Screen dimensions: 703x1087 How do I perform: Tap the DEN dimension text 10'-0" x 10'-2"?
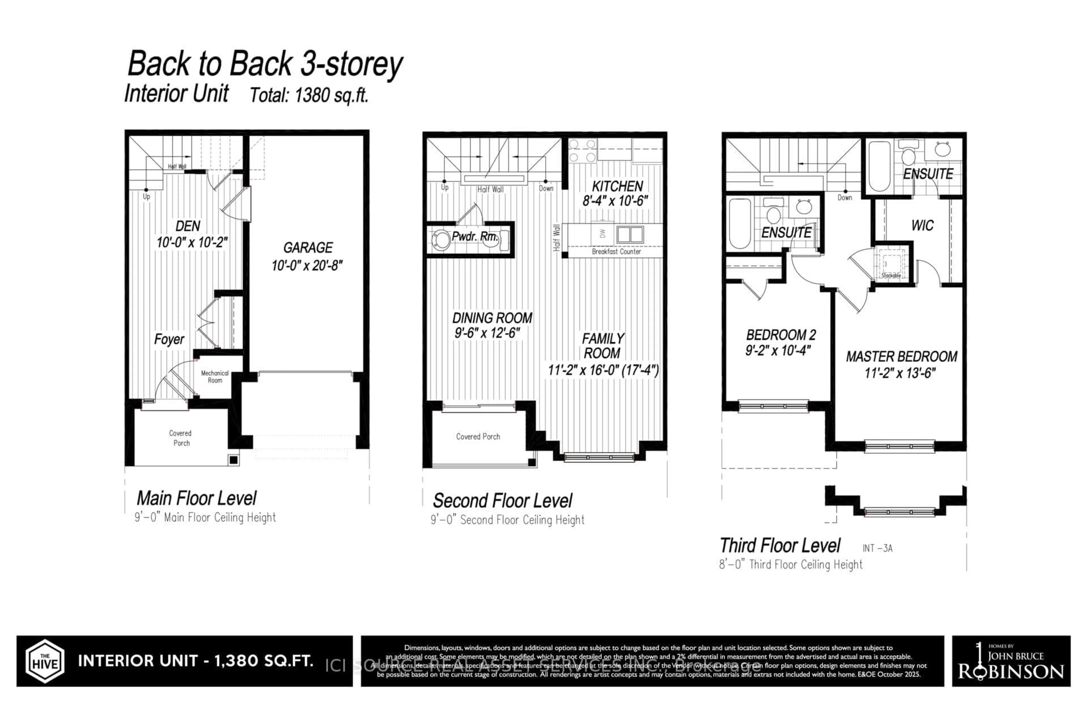tap(192, 242)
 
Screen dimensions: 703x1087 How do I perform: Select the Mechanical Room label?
tap(215, 377)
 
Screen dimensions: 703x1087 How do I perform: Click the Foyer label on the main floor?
tap(169, 339)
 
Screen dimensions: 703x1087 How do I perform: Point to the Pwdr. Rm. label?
tap(474, 237)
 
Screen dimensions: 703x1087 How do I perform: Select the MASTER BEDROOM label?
tap(901, 357)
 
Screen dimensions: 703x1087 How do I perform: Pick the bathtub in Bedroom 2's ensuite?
tap(740, 224)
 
